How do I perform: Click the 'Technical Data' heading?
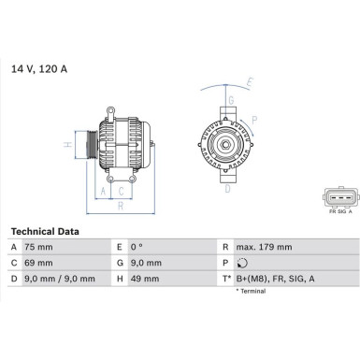44,231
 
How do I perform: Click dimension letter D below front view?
227,189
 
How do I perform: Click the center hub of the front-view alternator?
227,145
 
